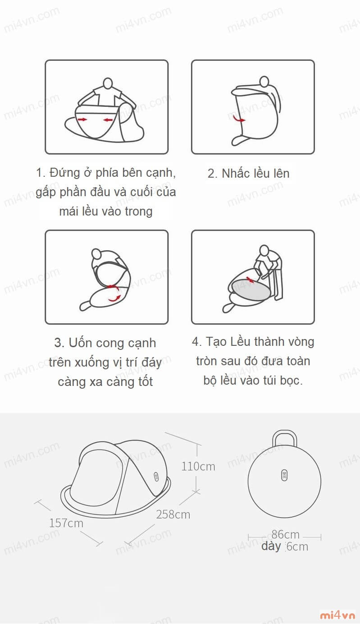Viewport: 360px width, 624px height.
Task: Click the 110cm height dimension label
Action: point(198,466)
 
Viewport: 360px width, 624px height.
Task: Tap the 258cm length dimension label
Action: point(173,514)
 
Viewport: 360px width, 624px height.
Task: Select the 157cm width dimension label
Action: point(66,523)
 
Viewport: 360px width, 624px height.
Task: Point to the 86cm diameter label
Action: point(285,534)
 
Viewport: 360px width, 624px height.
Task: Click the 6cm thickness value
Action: point(297,546)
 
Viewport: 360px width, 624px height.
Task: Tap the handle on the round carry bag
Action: point(284,438)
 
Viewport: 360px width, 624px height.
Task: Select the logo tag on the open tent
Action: point(156,477)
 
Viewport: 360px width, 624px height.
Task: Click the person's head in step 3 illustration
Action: point(96,254)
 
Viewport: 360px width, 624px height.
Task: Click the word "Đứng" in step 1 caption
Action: point(64,173)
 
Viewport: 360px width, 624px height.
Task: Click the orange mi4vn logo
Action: point(337,615)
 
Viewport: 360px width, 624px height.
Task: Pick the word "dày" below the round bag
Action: point(271,546)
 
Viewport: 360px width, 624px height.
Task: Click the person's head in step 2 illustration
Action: point(264,81)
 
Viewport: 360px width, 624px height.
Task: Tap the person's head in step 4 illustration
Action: point(264,250)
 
